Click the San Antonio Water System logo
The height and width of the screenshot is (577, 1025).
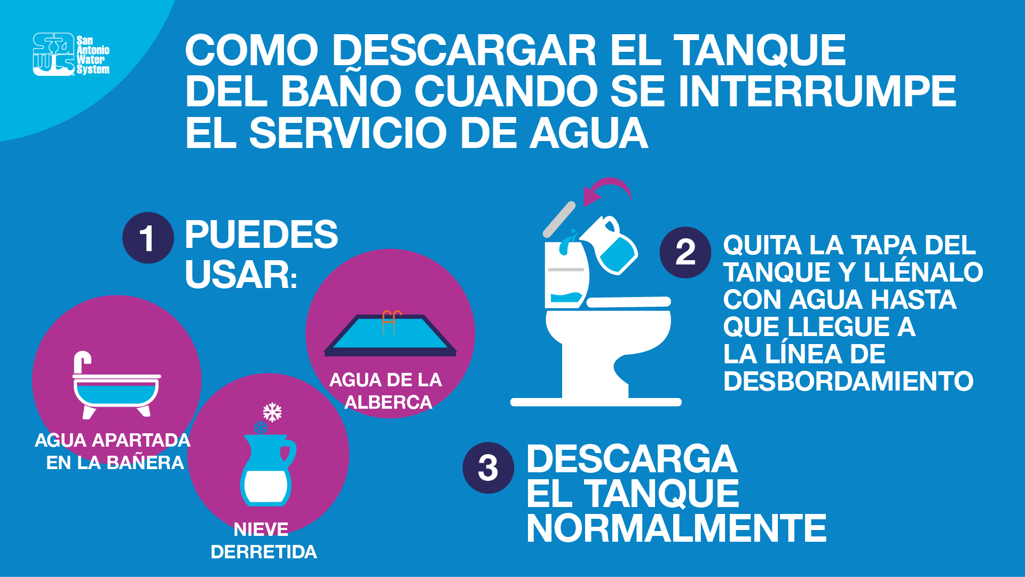tap(71, 54)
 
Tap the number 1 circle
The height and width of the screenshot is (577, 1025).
tap(148, 238)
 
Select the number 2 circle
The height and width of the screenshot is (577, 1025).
tap(685, 252)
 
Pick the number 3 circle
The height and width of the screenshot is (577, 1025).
tap(488, 467)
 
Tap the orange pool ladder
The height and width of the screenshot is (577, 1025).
tap(391, 322)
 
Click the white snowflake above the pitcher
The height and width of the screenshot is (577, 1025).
tap(272, 412)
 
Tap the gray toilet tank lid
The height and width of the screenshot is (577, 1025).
tap(559, 219)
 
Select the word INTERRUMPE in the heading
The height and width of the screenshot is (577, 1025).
tap(817, 91)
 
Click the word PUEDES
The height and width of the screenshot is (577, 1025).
tap(261, 235)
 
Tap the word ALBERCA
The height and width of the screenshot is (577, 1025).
tap(388, 402)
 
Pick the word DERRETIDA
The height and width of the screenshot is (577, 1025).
tap(264, 552)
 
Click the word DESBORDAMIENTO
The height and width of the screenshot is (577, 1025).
tap(848, 381)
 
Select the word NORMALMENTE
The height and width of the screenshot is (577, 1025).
tap(676, 528)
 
